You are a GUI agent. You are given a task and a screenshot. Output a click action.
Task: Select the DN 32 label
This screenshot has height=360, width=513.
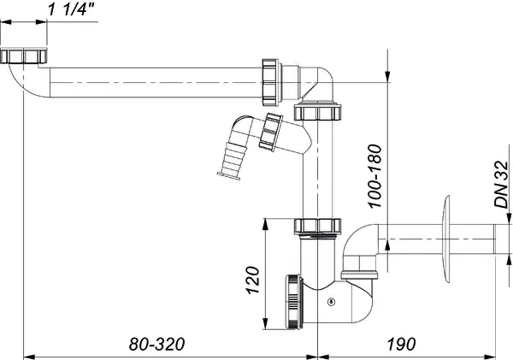click(x=502, y=187)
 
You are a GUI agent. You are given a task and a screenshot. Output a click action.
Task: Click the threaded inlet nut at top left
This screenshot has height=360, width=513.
click(x=22, y=57)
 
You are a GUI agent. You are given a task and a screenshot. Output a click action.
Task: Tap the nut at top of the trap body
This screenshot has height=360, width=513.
click(x=315, y=226)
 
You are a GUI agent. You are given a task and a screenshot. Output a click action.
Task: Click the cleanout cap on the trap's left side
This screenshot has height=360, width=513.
click(x=294, y=301)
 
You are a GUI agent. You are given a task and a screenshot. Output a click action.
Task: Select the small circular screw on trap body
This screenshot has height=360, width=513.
click(x=330, y=300)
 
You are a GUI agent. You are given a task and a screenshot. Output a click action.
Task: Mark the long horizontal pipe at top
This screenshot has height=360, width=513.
click(x=154, y=85)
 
